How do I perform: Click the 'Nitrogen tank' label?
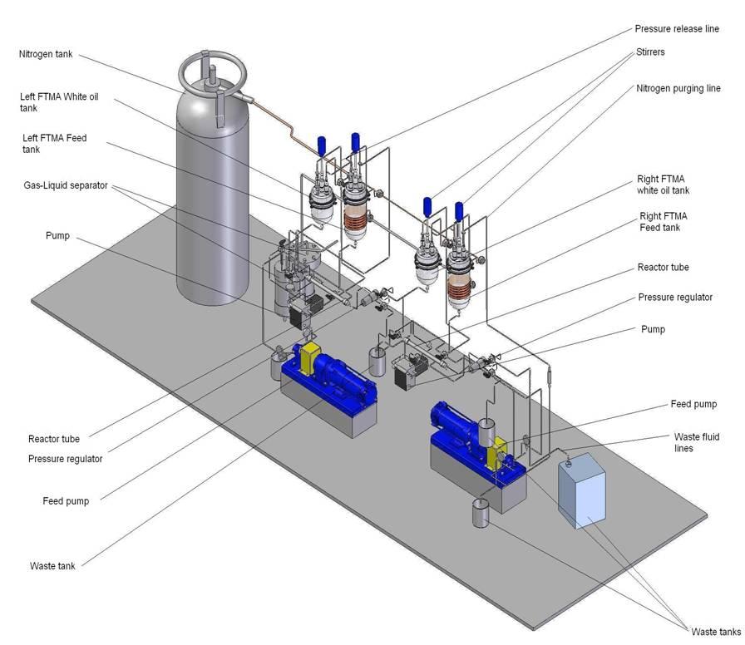pos(46,55)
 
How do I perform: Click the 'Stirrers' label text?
pos(650,52)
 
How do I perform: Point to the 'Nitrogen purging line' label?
pos(678,89)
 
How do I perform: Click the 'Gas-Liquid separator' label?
pos(65,185)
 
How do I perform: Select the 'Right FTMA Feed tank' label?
pos(663,221)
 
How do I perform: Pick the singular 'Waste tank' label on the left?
pos(52,566)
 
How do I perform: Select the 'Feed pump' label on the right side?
pos(693,405)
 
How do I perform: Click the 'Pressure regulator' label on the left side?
pos(65,459)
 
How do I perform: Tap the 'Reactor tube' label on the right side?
pos(663,268)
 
